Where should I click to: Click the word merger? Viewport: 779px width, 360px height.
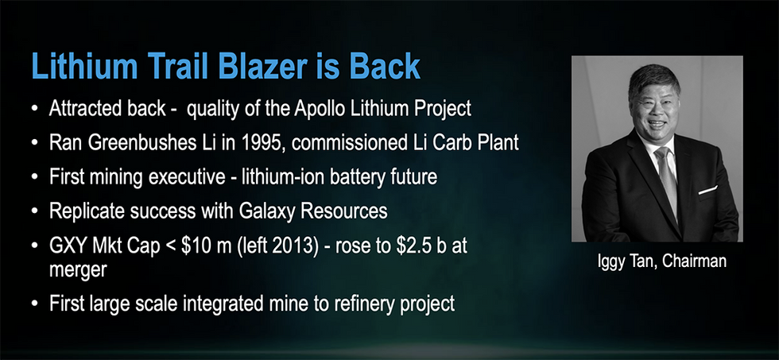click(78, 270)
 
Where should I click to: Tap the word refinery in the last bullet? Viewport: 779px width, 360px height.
click(362, 304)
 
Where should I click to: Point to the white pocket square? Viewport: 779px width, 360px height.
click(707, 190)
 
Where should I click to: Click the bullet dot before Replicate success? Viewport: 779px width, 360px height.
click(34, 211)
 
